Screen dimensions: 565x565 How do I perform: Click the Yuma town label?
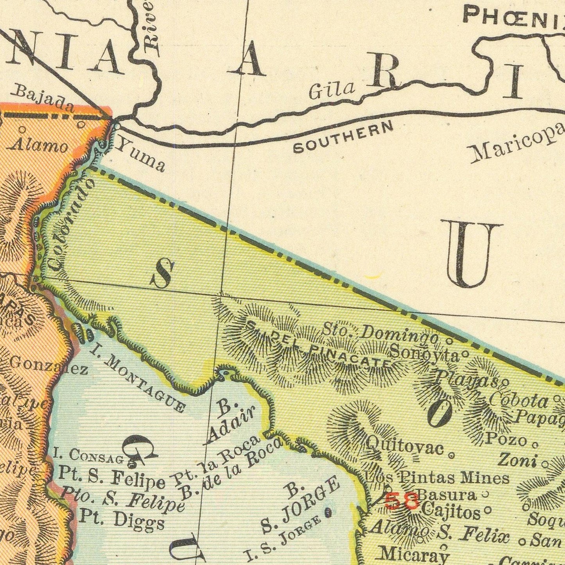141,156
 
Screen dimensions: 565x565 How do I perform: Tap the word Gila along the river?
331,91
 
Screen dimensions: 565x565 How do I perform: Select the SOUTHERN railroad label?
343,137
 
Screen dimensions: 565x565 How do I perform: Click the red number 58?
402,501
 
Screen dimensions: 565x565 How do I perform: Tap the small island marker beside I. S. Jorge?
328,512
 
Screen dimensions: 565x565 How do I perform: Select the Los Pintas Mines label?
437,477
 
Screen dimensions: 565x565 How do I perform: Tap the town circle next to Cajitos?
488,510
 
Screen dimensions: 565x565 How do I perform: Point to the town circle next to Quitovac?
452,456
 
